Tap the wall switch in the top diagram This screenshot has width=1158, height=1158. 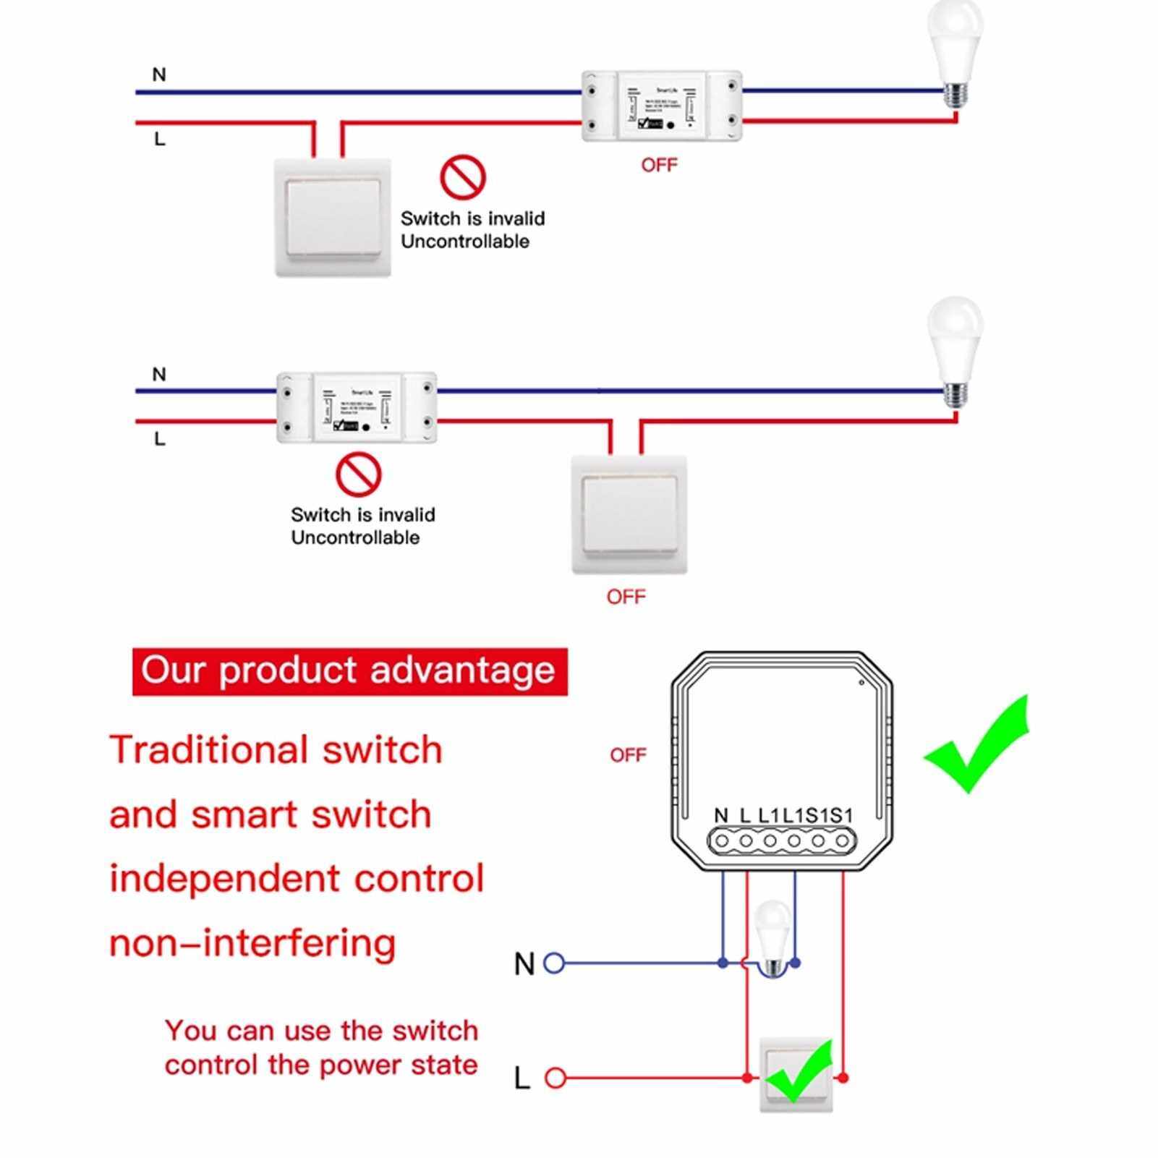tap(333, 217)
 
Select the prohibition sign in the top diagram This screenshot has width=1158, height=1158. tap(463, 177)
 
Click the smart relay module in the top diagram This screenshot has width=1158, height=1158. tap(662, 106)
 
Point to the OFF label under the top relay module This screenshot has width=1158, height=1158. tap(659, 166)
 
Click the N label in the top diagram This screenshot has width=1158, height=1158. tap(159, 74)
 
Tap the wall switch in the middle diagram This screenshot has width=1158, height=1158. tap(629, 514)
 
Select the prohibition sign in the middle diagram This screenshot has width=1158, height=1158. tap(359, 474)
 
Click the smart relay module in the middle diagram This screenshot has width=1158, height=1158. tap(357, 407)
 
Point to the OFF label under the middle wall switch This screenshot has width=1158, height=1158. tap(626, 597)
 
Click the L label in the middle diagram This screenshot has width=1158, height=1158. tap(160, 439)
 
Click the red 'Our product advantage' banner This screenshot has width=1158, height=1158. tap(349, 671)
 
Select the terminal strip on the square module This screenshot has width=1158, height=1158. tap(782, 841)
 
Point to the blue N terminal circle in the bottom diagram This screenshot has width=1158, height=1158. tap(554, 963)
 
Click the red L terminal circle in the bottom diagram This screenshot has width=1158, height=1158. tap(555, 1078)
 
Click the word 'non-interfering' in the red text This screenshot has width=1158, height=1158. tap(252, 943)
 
